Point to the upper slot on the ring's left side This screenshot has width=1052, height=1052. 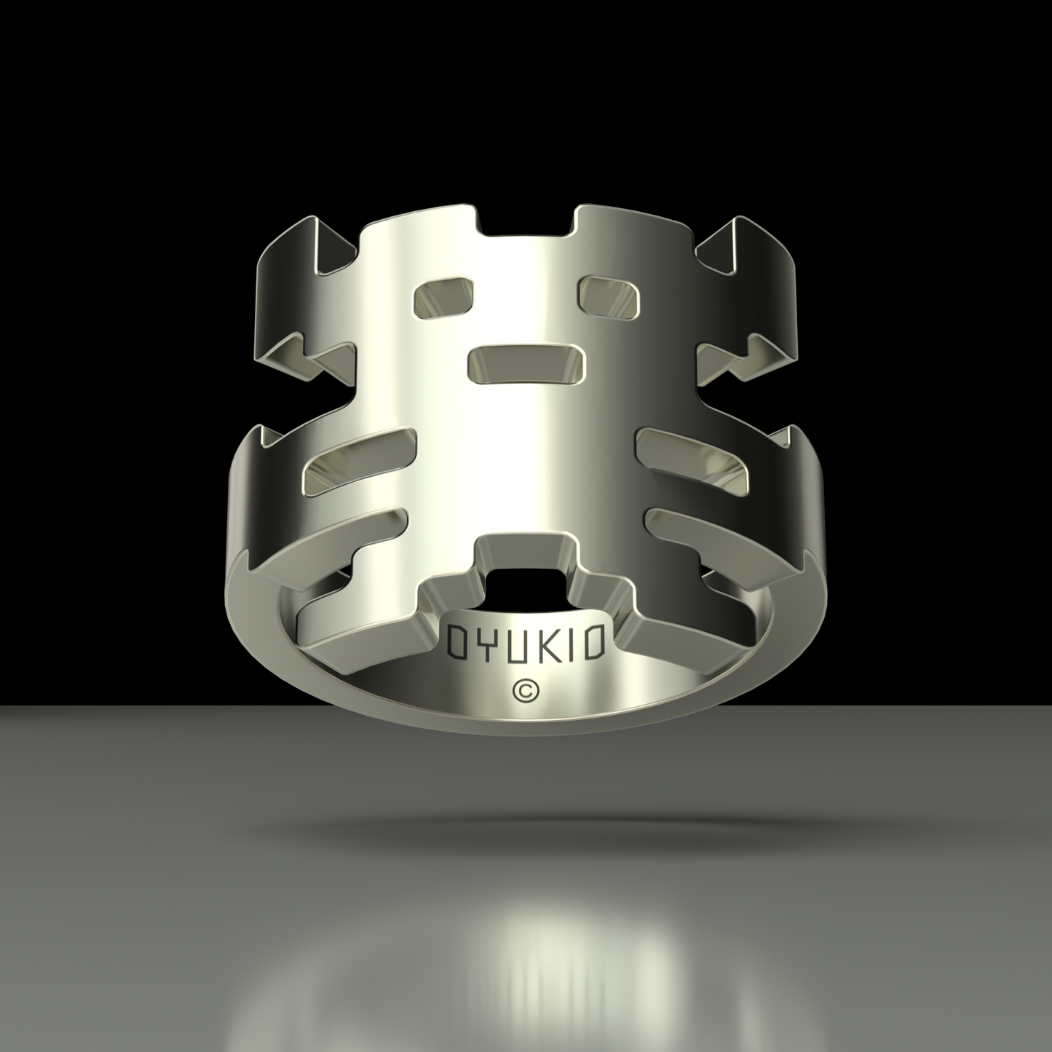tap(358, 458)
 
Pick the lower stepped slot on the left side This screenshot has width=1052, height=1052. tap(339, 554)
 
